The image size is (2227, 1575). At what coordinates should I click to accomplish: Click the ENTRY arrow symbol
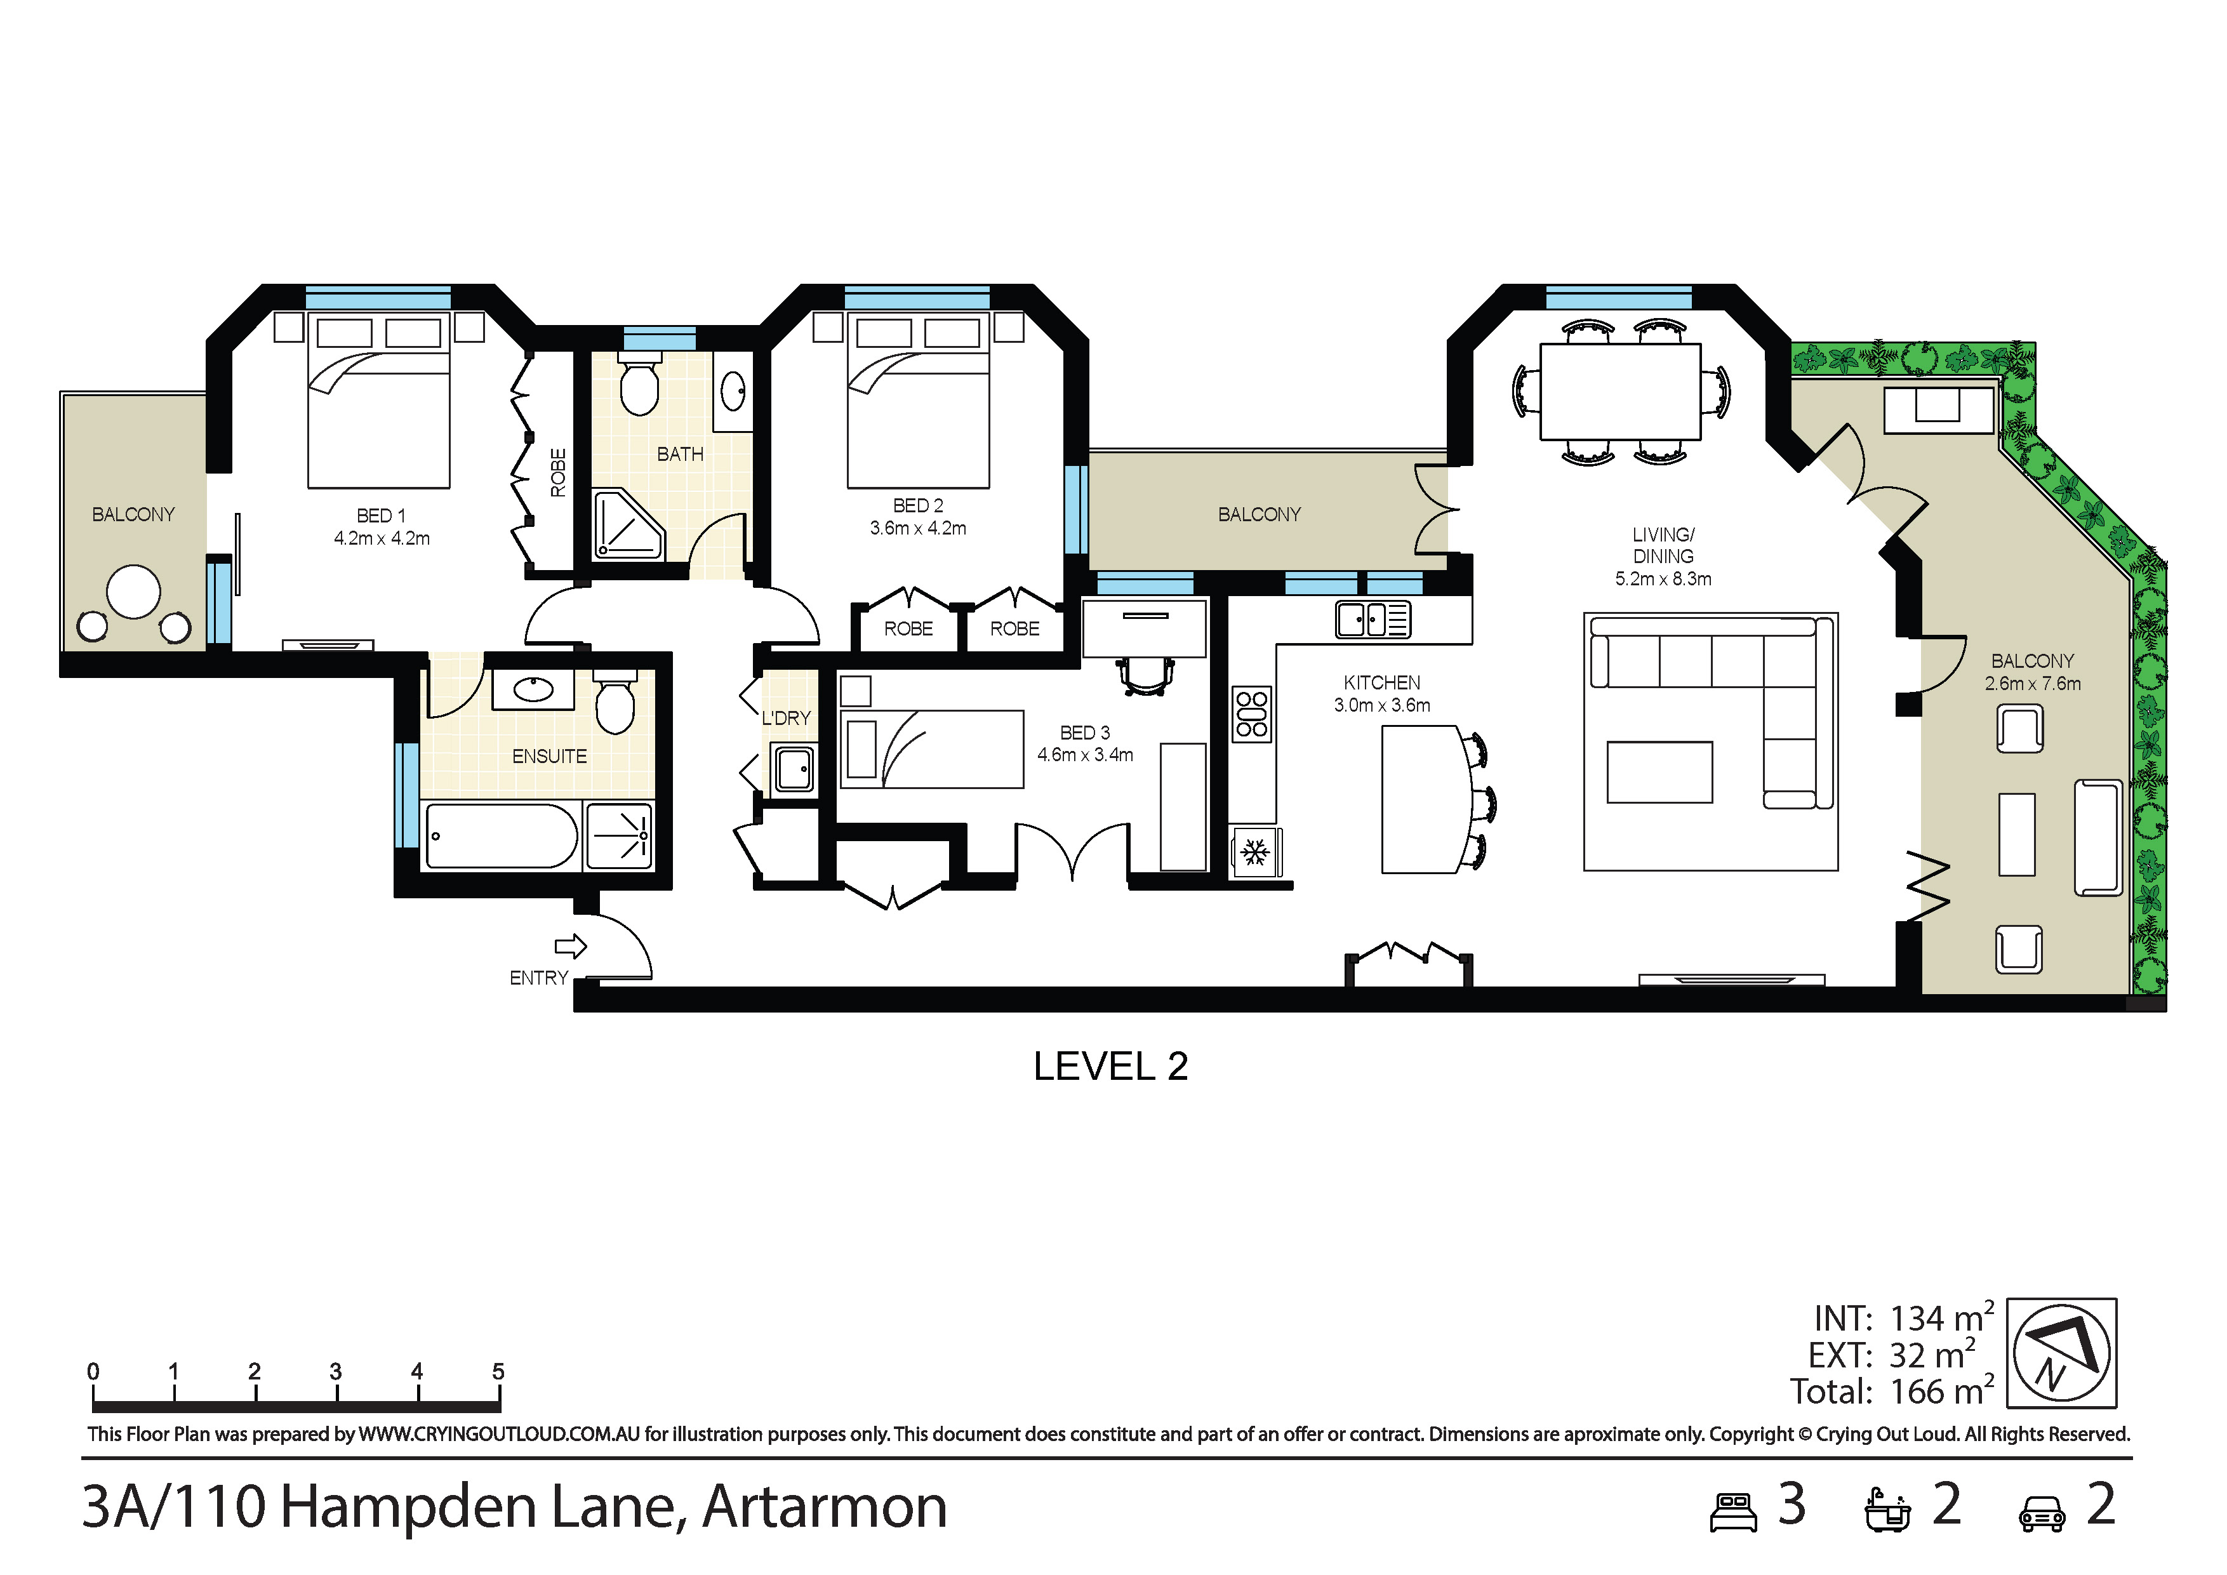(x=570, y=946)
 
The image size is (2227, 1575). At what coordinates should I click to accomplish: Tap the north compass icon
(x=2061, y=1353)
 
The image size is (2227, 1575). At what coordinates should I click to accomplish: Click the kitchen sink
(x=1373, y=619)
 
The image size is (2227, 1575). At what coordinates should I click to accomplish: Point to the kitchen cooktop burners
(x=1251, y=714)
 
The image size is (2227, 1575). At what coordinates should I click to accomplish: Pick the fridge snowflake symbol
(x=1256, y=853)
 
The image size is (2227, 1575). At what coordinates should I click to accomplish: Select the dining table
(x=1620, y=392)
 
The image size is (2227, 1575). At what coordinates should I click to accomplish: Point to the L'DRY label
(x=786, y=718)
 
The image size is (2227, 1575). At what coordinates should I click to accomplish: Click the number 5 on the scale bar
(x=498, y=1371)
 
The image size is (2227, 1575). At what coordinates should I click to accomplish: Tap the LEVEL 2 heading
(x=1110, y=1067)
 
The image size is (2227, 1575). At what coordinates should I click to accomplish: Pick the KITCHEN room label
(x=1381, y=683)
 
